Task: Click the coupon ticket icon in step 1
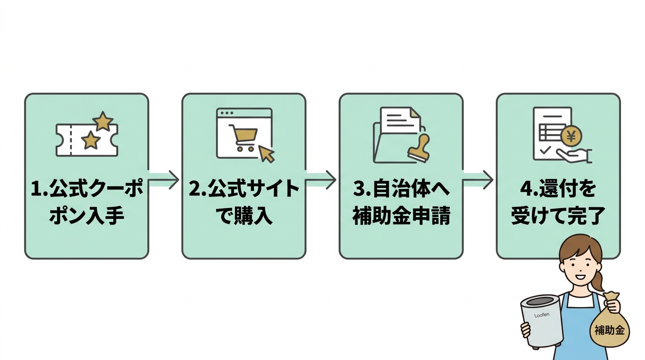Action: pyautogui.click(x=87, y=140)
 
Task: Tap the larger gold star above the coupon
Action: pyautogui.click(x=103, y=121)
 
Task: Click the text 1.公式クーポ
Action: pyautogui.click(x=87, y=190)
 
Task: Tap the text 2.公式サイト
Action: pyautogui.click(x=244, y=190)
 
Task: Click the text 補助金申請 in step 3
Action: pyautogui.click(x=401, y=217)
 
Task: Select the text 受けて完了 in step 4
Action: pyautogui.click(x=558, y=217)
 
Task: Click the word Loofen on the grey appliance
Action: pyautogui.click(x=542, y=315)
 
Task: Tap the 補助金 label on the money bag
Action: pyautogui.click(x=609, y=330)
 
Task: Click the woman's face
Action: pyautogui.click(x=579, y=265)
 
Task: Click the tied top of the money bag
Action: pyautogui.click(x=611, y=298)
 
